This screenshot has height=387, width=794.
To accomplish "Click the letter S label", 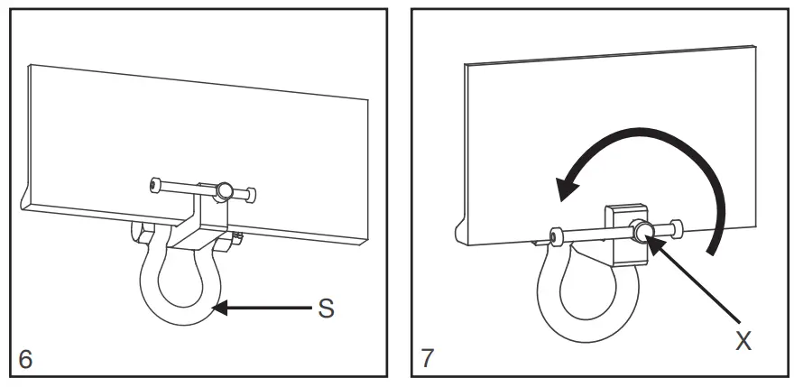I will click(x=326, y=309).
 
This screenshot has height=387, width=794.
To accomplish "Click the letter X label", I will click(x=743, y=340).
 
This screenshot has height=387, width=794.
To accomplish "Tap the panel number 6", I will click(x=25, y=358).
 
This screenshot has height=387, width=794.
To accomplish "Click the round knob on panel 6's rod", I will click(x=223, y=190).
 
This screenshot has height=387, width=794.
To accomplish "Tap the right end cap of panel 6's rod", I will click(x=251, y=194).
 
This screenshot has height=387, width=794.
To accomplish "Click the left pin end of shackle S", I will click(x=140, y=232).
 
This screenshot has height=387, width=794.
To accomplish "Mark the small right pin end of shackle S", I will click(x=237, y=238).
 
